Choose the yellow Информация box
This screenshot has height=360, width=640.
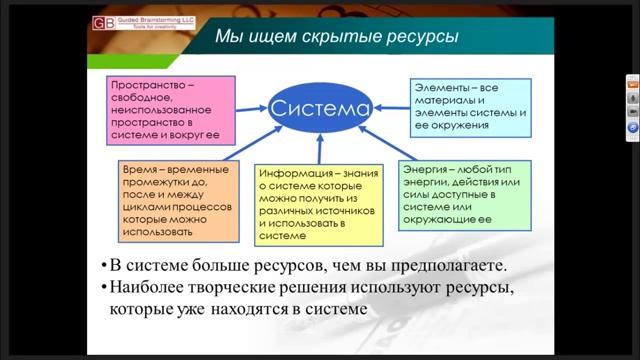[319, 205]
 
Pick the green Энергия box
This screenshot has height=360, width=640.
[464, 198]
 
